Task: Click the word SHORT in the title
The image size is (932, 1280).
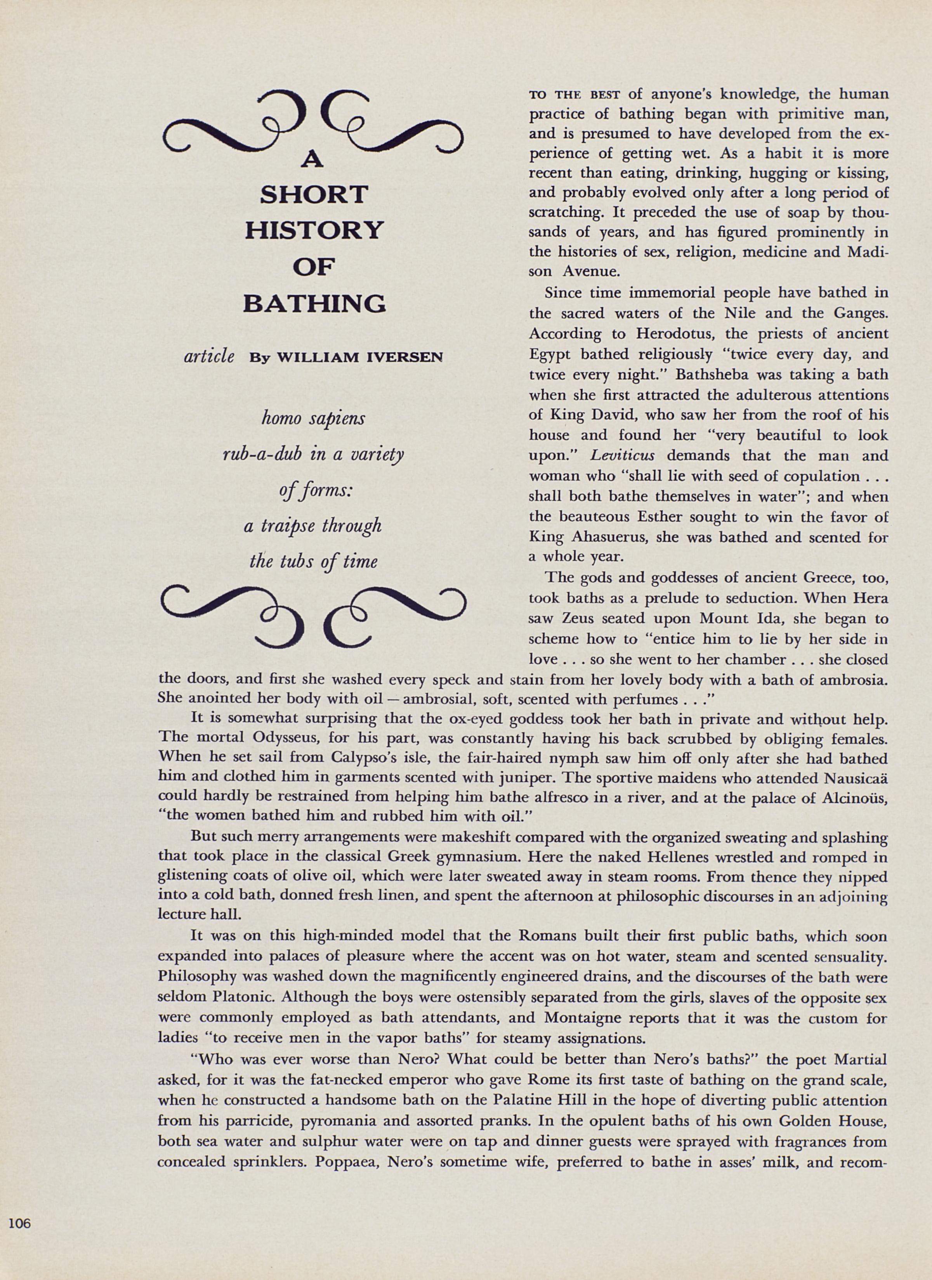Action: coord(314,195)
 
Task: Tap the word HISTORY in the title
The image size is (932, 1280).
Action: coord(314,231)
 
